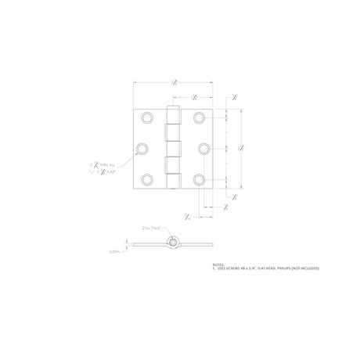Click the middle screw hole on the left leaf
[142, 149]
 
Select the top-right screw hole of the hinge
[199, 118]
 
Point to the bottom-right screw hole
[199, 179]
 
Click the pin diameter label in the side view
[151, 227]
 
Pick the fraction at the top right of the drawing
[225, 99]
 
